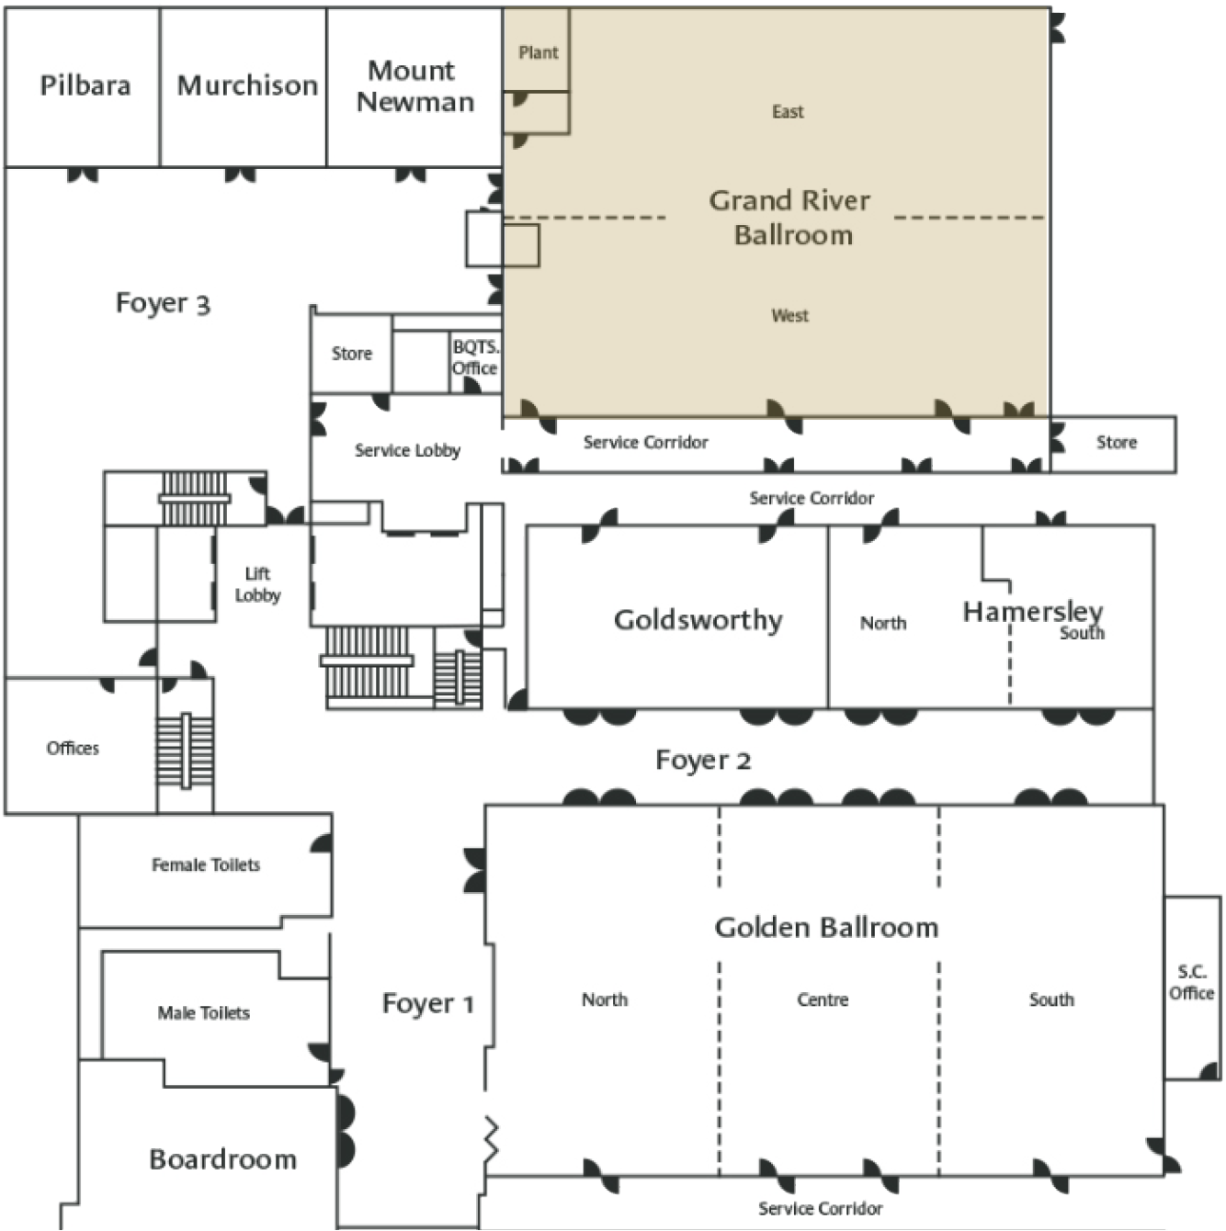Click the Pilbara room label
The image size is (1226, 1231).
coord(85,85)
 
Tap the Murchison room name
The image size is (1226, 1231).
coord(247,85)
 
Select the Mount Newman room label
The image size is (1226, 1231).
coord(414,86)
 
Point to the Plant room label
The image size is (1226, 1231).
coord(539,52)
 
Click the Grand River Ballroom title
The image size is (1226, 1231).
coord(790,217)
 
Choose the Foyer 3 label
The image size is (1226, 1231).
coord(163,303)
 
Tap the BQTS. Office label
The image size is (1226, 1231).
coord(475,357)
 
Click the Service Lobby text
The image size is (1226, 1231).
coord(408,450)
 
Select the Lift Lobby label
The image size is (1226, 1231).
coord(257,584)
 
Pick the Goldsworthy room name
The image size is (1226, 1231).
coord(698,620)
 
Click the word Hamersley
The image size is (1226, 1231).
coord(1033,612)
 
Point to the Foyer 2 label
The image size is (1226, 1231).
coord(703,761)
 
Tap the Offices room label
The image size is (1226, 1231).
coord(73,748)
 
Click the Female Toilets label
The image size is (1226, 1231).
coord(206,864)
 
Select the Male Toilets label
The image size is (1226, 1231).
coord(204,1012)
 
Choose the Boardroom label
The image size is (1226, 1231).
coord(223,1159)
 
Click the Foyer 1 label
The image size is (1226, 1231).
coord(427,1003)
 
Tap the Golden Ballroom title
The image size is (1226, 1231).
coord(826,928)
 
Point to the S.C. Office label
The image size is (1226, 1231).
coord(1192,982)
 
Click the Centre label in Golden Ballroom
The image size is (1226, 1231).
coord(823,999)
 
